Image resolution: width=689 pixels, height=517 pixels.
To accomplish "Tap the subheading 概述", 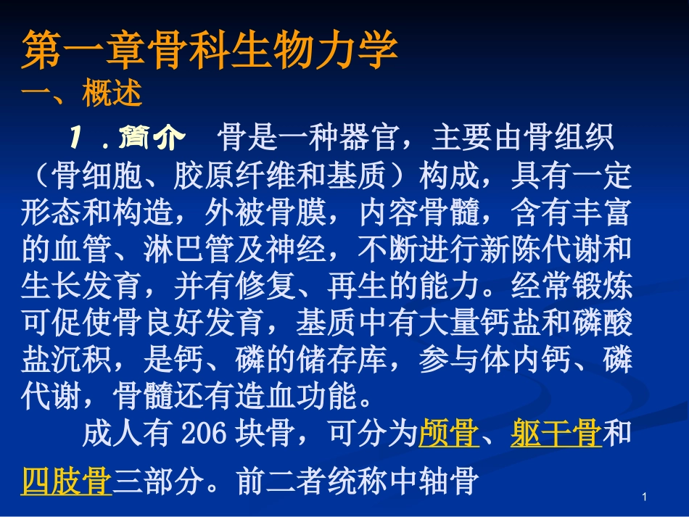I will pyautogui.click(x=112, y=94).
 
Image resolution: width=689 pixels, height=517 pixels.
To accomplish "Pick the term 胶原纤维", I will pyautogui.click(x=235, y=175).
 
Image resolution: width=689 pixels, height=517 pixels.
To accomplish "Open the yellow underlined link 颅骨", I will pyautogui.click(x=449, y=435).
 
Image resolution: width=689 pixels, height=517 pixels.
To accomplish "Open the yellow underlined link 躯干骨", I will pyautogui.click(x=556, y=435).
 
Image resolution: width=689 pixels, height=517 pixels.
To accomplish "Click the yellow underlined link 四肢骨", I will pyautogui.click(x=67, y=481).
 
